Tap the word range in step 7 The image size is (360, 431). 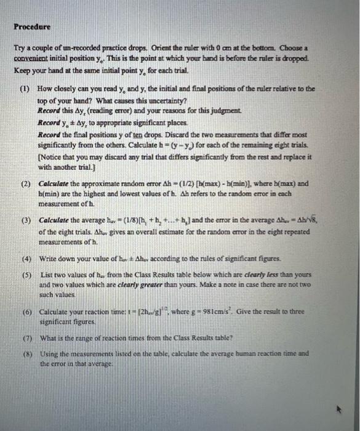(87, 337)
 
